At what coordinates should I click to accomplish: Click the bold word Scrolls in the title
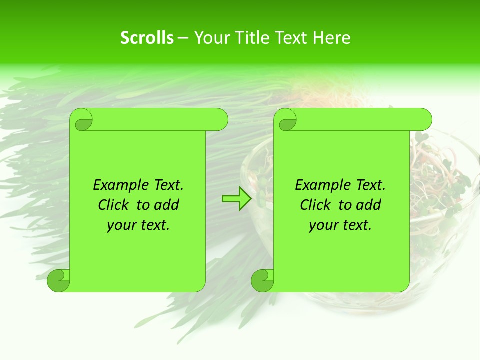click(x=147, y=38)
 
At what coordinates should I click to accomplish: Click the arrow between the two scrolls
click(x=237, y=199)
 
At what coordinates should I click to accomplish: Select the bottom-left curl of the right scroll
click(x=263, y=280)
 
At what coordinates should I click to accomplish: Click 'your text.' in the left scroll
click(x=138, y=225)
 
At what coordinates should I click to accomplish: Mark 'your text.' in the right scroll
click(x=340, y=225)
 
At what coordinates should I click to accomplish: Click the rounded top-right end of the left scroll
click(x=220, y=119)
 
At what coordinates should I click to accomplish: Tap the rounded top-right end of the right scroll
click(x=424, y=119)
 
